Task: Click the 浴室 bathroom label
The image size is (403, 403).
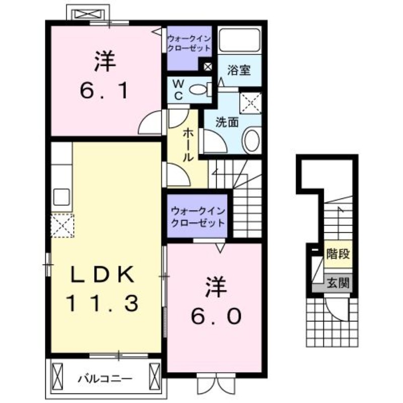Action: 239,70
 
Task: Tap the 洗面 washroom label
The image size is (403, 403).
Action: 227,121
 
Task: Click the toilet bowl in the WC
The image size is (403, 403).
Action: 199,90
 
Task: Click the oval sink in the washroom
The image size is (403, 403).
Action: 251,139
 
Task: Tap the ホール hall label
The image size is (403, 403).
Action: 187,144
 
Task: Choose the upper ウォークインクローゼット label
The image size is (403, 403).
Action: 190,43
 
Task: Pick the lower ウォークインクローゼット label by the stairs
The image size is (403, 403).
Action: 197,216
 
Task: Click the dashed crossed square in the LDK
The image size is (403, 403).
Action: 62,225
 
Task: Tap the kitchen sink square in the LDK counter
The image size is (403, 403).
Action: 61,196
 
